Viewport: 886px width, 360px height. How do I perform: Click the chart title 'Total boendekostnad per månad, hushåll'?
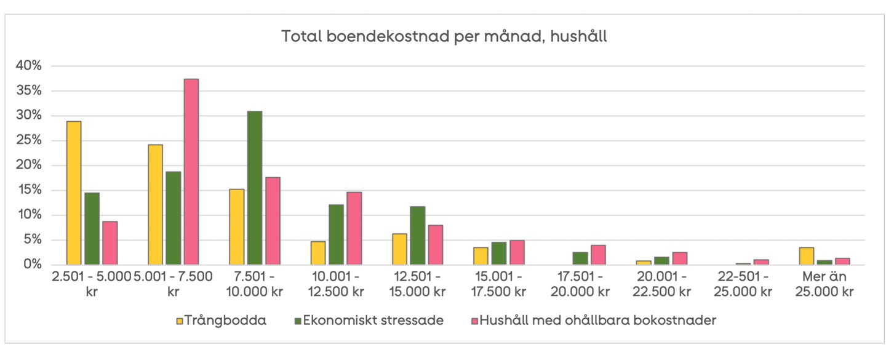pyautogui.click(x=444, y=37)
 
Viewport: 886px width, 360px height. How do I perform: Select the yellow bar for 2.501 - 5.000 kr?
pyautogui.click(x=74, y=193)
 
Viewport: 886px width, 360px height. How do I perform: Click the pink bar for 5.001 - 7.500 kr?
pyautogui.click(x=191, y=172)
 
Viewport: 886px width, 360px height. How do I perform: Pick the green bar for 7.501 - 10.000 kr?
pyautogui.click(x=254, y=188)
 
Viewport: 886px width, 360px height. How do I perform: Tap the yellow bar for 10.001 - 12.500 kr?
pyautogui.click(x=318, y=253)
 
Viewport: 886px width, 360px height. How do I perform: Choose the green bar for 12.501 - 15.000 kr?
pyautogui.click(x=417, y=236)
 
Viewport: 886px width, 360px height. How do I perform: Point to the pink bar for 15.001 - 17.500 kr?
pyautogui.click(x=517, y=252)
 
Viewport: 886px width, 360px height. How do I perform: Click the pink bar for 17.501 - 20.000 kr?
pyautogui.click(x=598, y=255)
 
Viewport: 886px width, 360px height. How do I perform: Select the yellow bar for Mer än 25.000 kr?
pyautogui.click(x=806, y=256)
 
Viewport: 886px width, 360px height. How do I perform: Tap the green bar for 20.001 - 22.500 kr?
pyautogui.click(x=661, y=261)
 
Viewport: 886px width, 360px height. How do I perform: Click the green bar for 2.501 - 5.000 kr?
pyautogui.click(x=92, y=229)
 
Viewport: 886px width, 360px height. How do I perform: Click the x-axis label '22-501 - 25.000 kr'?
pyautogui.click(x=743, y=284)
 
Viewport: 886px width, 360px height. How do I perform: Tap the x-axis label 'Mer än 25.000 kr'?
pyautogui.click(x=824, y=284)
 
